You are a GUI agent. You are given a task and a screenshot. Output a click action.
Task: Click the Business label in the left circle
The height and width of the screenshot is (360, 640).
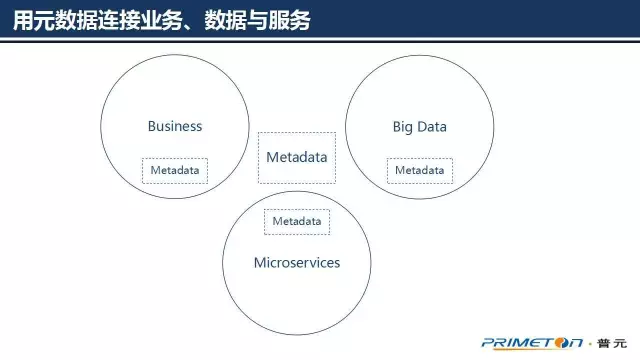pyautogui.click(x=175, y=126)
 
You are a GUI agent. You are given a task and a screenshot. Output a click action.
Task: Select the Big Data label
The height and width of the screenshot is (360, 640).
pyautogui.click(x=419, y=127)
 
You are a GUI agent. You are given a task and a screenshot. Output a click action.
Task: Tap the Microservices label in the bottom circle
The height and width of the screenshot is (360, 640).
pyautogui.click(x=296, y=263)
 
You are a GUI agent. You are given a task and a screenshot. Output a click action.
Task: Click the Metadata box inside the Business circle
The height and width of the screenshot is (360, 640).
pyautogui.click(x=175, y=170)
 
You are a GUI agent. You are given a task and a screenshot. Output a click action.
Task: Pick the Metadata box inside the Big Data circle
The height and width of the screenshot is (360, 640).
pyautogui.click(x=419, y=170)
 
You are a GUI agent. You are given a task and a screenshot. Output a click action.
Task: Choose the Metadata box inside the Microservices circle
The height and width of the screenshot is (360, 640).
pyautogui.click(x=296, y=221)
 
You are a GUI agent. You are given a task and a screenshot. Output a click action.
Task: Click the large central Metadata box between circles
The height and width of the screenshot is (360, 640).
pyautogui.click(x=296, y=158)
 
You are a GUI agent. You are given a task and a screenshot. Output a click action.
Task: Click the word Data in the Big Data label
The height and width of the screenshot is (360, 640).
pyautogui.click(x=432, y=127)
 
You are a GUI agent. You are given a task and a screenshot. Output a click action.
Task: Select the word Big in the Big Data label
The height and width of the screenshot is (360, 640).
pyautogui.click(x=402, y=127)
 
